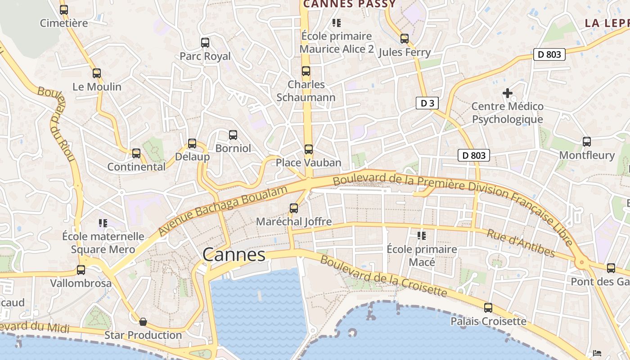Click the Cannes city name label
point(234,255)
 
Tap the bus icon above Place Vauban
point(308,149)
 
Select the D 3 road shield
point(427,103)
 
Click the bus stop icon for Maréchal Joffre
point(294,208)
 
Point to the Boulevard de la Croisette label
point(384,277)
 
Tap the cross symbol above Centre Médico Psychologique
point(508,93)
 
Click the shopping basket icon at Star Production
point(143,322)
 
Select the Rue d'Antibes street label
point(521,243)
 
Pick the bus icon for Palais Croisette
point(488,308)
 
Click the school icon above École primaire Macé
point(422,235)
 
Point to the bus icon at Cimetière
point(64,9)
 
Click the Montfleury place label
point(586,155)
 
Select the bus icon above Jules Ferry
point(405,39)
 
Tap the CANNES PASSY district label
point(349,4)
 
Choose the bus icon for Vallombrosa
point(81,270)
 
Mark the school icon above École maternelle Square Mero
point(103,223)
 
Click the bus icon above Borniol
point(233,135)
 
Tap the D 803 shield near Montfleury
point(474,155)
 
